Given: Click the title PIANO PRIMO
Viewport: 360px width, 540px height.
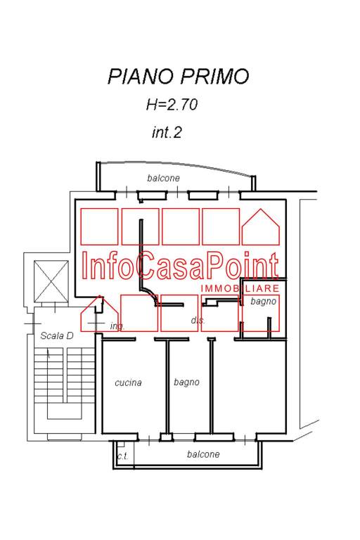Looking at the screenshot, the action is coord(178,76).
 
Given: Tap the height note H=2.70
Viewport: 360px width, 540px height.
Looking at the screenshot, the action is coord(172,105).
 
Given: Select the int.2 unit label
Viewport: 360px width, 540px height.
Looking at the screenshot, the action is coord(167,132).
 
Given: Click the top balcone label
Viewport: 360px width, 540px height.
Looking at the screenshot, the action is coord(163,178).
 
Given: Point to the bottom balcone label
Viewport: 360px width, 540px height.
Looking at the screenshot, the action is coord(203,454).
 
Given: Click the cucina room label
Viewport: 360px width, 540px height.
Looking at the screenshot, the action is coord(128,382).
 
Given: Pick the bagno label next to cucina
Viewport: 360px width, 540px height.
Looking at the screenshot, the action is coord(186,382).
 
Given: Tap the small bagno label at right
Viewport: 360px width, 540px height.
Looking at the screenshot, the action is coord(264,302).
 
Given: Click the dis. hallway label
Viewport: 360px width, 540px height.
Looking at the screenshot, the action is coord(198,321).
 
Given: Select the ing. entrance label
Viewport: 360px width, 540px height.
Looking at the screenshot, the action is coord(117,326).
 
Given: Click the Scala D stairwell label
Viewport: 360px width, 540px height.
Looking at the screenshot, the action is coord(57,336).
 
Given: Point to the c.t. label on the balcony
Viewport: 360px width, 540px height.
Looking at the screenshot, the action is coord(122,456).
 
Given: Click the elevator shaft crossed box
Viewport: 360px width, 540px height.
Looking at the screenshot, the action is coord(51,281).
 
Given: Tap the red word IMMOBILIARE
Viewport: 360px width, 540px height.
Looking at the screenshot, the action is coord(240,288).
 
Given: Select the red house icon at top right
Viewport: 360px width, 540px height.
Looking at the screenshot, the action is coord(261,227).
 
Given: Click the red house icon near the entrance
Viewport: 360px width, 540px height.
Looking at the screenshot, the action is coord(100,314).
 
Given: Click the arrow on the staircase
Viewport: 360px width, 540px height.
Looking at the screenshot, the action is coord(49,353).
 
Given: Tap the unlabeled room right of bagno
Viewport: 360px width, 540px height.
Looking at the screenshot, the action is coord(249,387).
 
